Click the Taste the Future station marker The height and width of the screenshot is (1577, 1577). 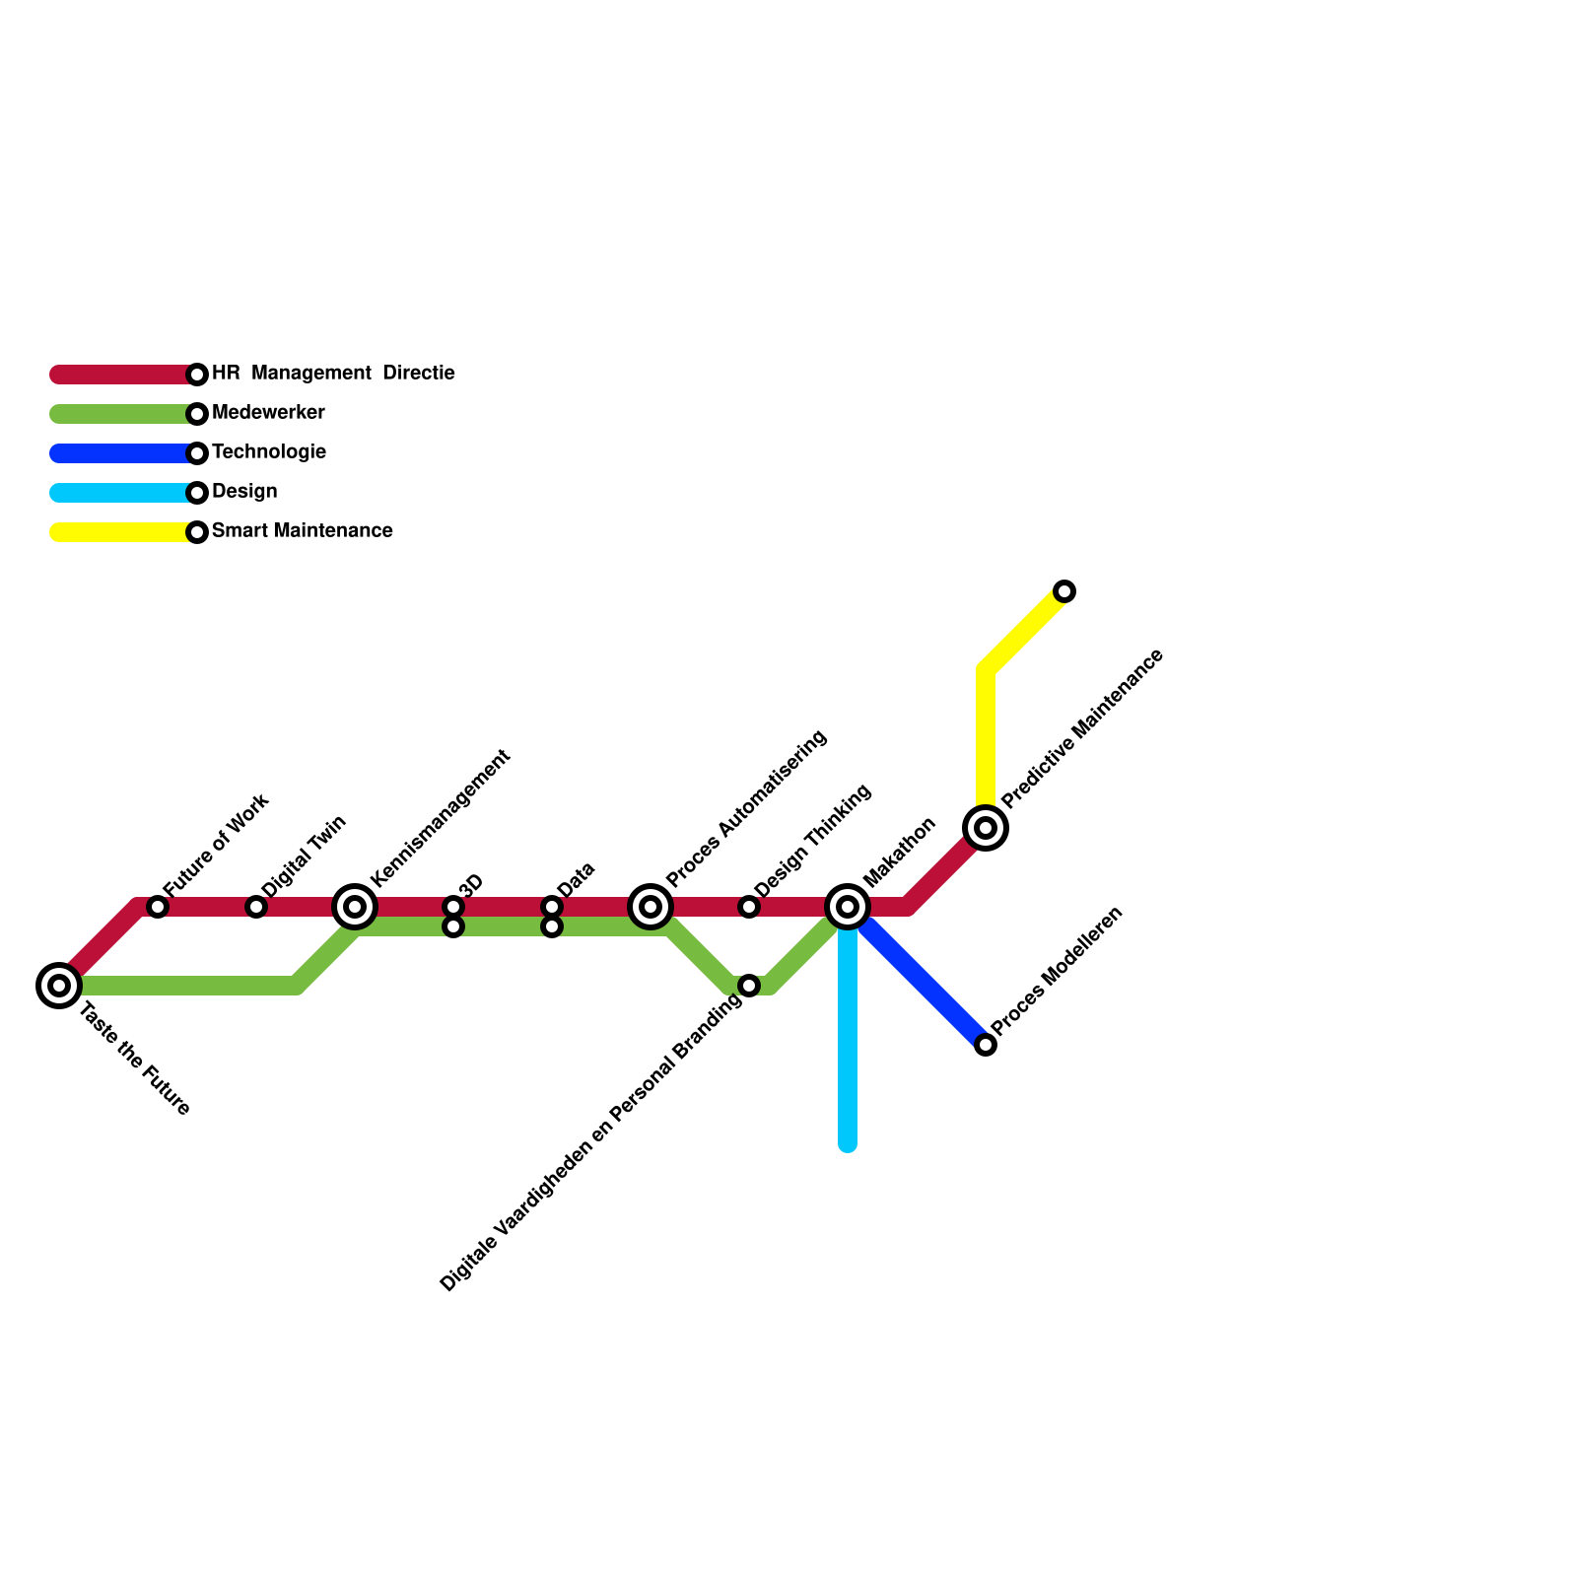[59, 985]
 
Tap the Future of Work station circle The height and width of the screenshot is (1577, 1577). [158, 907]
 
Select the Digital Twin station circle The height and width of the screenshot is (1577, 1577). [256, 907]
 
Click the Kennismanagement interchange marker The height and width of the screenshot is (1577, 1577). [355, 906]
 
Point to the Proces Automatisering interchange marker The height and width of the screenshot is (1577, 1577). [651, 906]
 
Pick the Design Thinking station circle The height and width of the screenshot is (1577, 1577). [749, 907]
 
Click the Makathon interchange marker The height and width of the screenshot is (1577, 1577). [848, 906]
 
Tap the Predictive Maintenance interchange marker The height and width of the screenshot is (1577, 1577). [986, 827]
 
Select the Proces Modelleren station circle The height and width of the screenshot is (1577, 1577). [986, 1045]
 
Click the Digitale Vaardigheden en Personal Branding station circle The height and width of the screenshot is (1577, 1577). [749, 986]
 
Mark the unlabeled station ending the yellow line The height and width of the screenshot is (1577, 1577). [1064, 591]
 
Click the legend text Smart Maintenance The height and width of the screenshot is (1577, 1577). [302, 531]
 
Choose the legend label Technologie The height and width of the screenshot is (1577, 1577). [268, 452]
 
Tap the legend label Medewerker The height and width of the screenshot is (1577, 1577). [268, 413]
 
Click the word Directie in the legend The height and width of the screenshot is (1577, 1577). [418, 374]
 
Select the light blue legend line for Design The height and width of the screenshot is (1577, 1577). [118, 493]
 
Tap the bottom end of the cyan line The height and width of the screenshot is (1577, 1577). [848, 1144]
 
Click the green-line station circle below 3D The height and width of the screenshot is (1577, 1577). [453, 927]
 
